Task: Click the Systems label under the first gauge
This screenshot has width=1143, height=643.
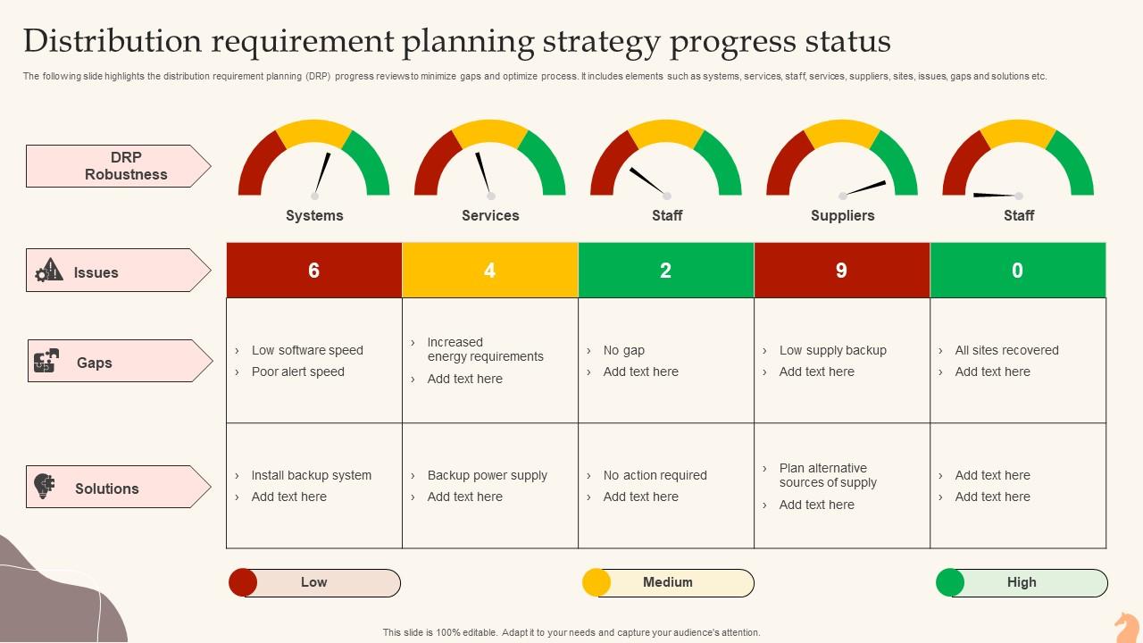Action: pyautogui.click(x=314, y=215)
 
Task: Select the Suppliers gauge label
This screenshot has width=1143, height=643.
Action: pyautogui.click(x=842, y=215)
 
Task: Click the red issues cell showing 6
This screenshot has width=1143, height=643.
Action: pyautogui.click(x=314, y=271)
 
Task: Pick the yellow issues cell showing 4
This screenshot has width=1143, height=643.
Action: pyautogui.click(x=490, y=271)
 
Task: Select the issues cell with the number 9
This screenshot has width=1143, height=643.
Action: pyautogui.click(x=842, y=271)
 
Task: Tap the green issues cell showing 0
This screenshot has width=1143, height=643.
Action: pyautogui.click(x=1018, y=271)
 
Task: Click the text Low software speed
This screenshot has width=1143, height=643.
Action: pyautogui.click(x=307, y=350)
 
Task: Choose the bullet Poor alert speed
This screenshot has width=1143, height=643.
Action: pyautogui.click(x=297, y=372)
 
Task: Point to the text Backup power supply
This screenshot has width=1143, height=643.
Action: pyautogui.click(x=487, y=475)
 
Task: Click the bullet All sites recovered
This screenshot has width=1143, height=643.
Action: pyautogui.click(x=1006, y=350)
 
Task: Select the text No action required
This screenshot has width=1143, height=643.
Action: pyautogui.click(x=655, y=475)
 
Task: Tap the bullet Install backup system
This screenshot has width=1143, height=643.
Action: pyautogui.click(x=311, y=475)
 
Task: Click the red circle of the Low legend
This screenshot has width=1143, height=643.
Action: pyautogui.click(x=243, y=582)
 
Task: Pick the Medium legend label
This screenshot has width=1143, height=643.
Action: pyautogui.click(x=668, y=582)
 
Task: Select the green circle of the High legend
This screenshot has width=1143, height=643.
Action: pyautogui.click(x=950, y=582)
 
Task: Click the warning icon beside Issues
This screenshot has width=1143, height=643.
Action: pyautogui.click(x=49, y=270)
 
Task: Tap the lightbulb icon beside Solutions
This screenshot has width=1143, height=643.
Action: pyautogui.click(x=45, y=487)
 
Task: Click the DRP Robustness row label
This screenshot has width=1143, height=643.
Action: pyautogui.click(x=126, y=166)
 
